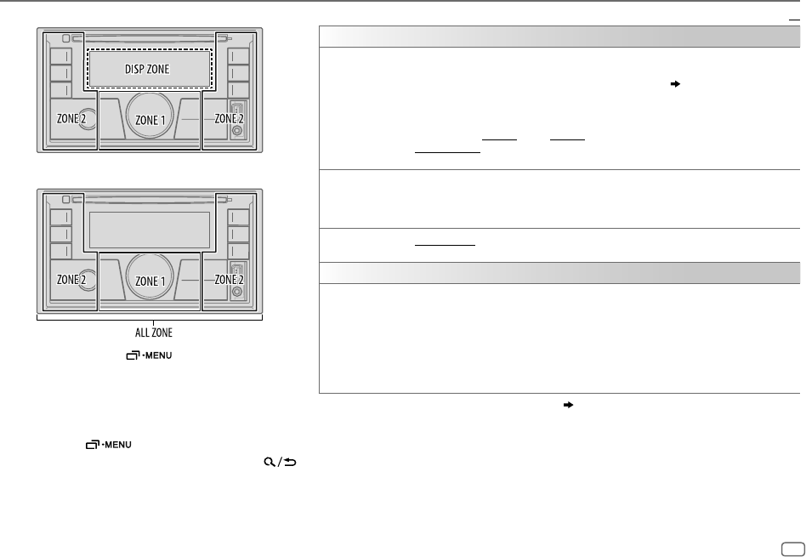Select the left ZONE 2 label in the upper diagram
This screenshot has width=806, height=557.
tap(71, 120)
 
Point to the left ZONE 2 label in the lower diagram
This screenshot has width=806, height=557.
tap(71, 280)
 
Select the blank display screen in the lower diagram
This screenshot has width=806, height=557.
tap(149, 230)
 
